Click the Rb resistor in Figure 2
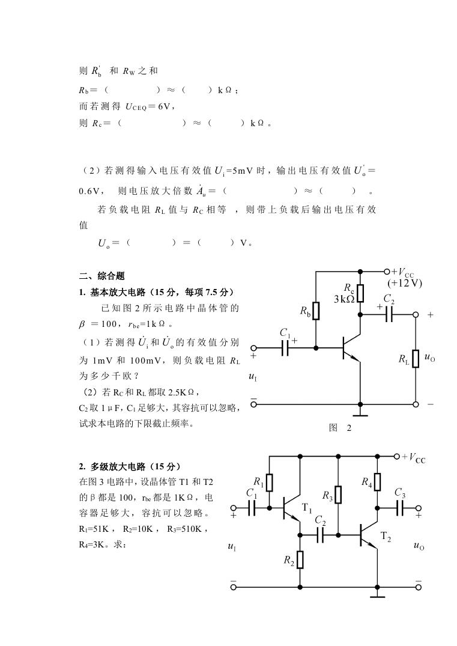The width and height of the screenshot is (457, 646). point(316,311)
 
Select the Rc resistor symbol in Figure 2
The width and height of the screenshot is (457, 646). point(360,293)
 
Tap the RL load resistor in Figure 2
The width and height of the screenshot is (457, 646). point(416,358)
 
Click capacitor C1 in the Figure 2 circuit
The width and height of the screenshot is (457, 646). point(285,348)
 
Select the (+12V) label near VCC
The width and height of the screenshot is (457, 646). point(405,283)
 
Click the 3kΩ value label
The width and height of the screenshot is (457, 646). point(344,299)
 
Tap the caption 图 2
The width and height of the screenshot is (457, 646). point(340,428)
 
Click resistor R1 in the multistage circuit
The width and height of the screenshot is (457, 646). point(269,483)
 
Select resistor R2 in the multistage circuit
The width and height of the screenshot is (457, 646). point(300,560)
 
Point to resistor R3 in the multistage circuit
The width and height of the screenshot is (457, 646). point(338,495)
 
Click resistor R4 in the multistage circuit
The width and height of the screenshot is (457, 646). point(377,481)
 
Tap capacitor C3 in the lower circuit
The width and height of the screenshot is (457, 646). point(399,508)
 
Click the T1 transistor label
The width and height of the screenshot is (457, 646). point(307,508)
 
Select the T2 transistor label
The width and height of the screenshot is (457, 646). point(386,537)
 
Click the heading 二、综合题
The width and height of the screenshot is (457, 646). point(101,276)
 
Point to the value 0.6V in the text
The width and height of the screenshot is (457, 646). point(89,191)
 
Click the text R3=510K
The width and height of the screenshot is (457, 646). point(184,529)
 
